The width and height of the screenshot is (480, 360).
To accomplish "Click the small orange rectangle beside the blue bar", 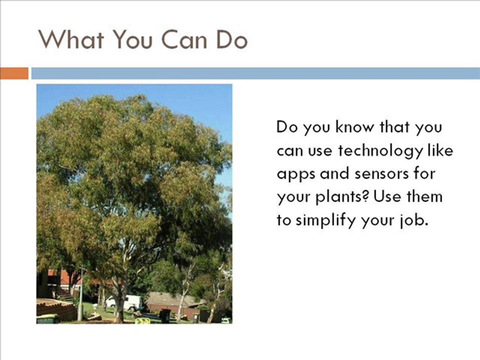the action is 14,73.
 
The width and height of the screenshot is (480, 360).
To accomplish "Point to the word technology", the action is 380,151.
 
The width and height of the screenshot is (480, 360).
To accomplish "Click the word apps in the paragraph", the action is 296,174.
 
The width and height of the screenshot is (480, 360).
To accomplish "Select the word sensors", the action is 381,174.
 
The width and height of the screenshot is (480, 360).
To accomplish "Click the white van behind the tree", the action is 124,303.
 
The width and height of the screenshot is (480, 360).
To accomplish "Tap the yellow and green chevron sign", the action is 142,320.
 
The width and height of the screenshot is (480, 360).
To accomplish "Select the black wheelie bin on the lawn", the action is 165,315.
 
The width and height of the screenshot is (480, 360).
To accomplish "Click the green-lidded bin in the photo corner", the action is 47,318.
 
